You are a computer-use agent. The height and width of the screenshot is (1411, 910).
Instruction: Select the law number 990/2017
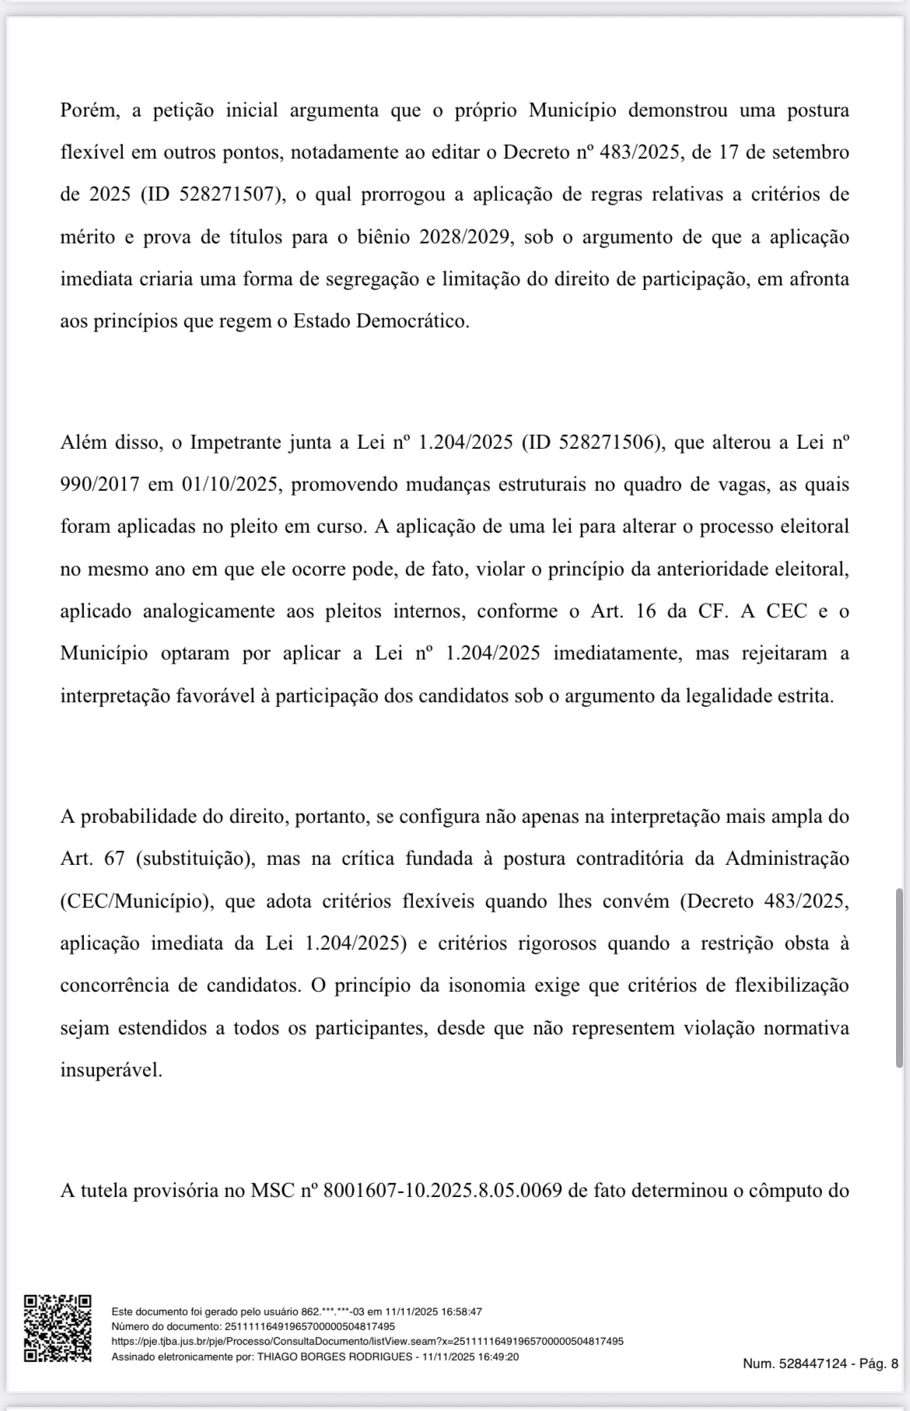click(100, 485)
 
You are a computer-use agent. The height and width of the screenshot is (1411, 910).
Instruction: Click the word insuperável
click(111, 1070)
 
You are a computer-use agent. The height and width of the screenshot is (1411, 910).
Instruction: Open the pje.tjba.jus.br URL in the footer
click(367, 1341)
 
